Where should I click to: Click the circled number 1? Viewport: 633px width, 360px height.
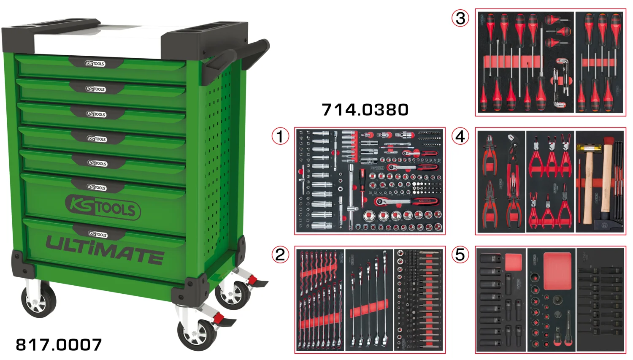pos(280,136)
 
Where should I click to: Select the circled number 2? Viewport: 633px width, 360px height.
pos(280,254)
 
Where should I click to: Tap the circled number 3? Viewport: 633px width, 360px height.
pos(460,18)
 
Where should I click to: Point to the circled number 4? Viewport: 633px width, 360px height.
pos(460,136)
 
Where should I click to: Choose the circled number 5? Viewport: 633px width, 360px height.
pos(460,254)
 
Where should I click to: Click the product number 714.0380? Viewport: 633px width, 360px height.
pos(365,110)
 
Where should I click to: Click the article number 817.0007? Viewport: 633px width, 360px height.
pos(59,345)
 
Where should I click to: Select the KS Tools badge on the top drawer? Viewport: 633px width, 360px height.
pos(95,64)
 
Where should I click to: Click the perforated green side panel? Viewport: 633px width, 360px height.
pos(219,139)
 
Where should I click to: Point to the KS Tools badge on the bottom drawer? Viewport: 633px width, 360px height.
pos(97,234)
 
